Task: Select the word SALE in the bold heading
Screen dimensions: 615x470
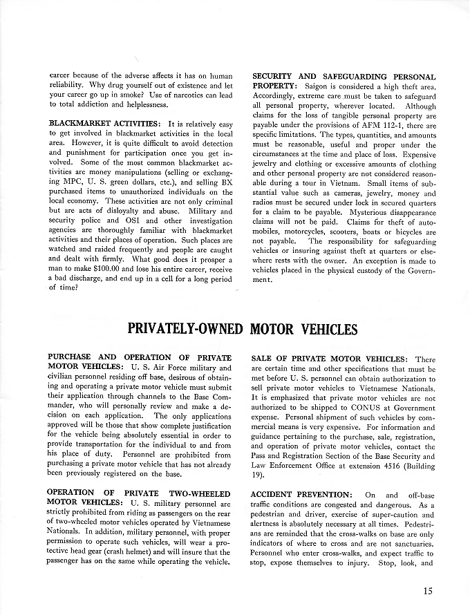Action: pyautogui.click(x=265, y=359)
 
